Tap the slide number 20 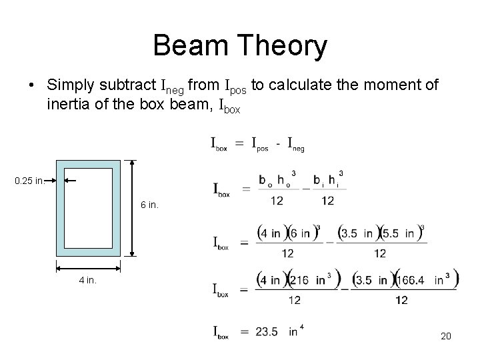coord(446,336)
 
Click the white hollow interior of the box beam coord(88,208)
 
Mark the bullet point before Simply coord(31,86)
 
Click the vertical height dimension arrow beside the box coord(133,208)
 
